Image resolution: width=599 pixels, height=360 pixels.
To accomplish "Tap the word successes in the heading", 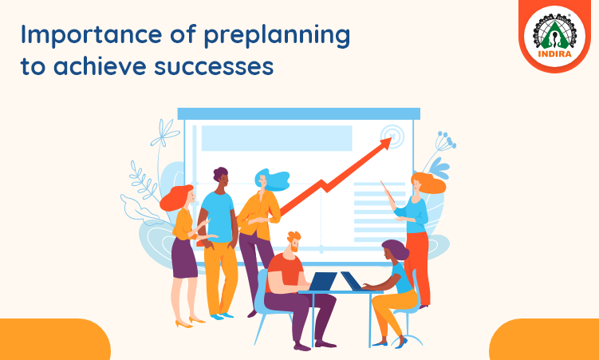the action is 214,65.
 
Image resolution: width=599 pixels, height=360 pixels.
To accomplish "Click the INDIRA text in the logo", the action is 554,54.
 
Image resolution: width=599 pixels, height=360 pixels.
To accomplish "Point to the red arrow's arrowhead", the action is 385,144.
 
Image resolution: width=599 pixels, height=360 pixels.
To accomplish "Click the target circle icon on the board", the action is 392,135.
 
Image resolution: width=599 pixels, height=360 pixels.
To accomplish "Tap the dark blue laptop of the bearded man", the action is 322,281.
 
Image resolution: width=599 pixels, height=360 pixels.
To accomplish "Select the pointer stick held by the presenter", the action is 388,191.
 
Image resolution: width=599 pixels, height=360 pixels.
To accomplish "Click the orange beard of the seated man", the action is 294,248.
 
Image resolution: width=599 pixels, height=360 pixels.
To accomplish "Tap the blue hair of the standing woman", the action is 274,180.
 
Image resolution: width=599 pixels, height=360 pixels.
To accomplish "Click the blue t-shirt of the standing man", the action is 218,216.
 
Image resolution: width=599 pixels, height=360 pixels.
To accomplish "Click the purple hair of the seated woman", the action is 396,249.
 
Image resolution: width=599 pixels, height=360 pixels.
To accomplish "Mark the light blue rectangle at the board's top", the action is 277,138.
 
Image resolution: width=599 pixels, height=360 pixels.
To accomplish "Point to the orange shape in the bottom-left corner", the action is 53,340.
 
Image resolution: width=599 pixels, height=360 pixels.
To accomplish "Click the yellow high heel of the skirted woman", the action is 183,324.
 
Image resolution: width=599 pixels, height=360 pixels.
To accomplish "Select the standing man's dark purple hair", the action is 220,174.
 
